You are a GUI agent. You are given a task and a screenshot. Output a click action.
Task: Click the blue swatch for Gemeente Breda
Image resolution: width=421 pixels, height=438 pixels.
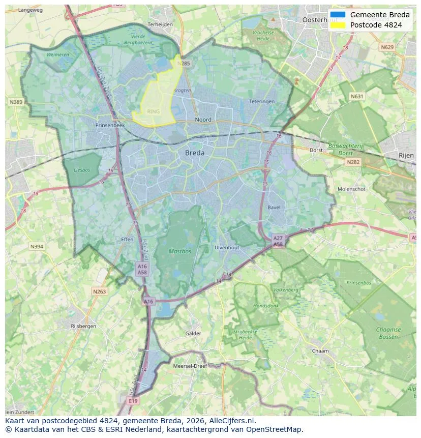(338, 15)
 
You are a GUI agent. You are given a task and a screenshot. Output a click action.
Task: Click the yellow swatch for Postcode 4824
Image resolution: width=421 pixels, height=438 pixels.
(338, 25)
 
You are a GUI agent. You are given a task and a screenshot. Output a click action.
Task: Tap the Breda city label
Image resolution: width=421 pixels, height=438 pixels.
(195, 153)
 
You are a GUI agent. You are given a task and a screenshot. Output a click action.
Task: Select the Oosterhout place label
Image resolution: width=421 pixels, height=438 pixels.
(319, 20)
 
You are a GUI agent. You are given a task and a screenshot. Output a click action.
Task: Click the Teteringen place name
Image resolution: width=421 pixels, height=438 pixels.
(262, 102)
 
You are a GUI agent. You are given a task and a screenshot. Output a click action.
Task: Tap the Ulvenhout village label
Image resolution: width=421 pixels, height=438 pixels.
(227, 247)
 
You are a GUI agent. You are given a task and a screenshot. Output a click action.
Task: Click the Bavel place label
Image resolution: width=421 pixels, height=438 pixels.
(274, 208)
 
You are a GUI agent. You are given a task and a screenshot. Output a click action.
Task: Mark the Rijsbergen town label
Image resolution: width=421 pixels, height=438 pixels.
(84, 326)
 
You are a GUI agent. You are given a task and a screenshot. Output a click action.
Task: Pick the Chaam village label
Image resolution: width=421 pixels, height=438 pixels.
(320, 351)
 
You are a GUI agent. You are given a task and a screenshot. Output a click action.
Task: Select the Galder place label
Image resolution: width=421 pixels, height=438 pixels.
(193, 334)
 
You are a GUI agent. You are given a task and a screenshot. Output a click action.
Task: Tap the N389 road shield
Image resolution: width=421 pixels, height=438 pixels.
(16, 102)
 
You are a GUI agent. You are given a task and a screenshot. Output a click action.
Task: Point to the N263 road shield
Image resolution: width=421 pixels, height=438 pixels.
(99, 291)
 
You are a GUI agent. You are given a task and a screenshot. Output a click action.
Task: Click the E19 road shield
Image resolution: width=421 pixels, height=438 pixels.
(133, 401)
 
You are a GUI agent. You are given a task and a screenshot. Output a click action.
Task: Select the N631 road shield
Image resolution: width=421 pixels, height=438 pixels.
(357, 96)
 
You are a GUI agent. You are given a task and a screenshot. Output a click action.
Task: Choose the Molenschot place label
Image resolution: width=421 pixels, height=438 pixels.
(352, 189)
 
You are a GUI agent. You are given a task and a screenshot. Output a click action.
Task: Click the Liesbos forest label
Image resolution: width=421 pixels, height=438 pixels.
(81, 170)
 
